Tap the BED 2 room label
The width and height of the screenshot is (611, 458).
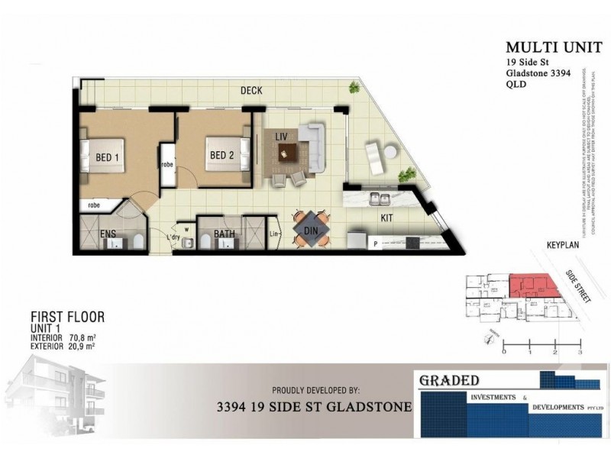click(221, 156)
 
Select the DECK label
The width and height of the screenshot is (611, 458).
click(251, 91)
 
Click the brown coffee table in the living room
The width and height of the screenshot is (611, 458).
click(287, 155)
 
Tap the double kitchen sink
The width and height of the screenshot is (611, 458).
click(380, 200)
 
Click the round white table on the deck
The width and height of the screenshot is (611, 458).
click(390, 153)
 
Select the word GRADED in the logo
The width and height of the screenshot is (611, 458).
click(448, 380)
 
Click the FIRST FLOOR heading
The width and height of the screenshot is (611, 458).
click(67, 316)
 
